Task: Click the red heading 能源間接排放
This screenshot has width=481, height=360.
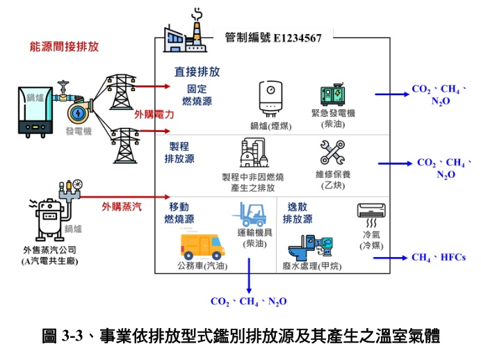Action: point(64,47)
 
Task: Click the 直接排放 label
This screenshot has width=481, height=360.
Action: point(197,71)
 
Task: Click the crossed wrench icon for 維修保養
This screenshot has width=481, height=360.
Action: point(332,152)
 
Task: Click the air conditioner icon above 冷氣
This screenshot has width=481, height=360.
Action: point(369,213)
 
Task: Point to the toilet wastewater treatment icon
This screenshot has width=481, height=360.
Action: point(307,243)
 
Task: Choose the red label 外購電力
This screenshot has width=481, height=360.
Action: point(154,114)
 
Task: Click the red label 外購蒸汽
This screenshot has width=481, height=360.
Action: point(122,206)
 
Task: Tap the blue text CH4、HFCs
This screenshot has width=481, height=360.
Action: point(438,257)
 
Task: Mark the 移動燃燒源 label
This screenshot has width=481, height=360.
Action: point(179,212)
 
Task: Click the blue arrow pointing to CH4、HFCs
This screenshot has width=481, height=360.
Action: point(389,257)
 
